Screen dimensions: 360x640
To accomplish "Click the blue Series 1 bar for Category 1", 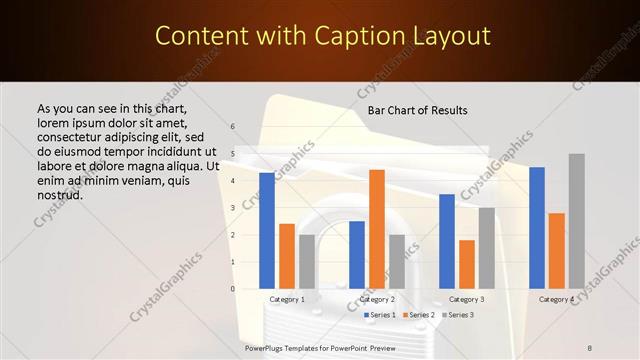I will pos(267,231).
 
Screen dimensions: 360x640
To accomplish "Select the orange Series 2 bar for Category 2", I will pos(377,229).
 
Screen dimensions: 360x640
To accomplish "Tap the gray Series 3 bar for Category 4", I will pos(577,221).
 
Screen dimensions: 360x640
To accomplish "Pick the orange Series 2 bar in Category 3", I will pos(467,264).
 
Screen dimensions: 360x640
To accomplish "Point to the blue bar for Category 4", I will pos(537,228).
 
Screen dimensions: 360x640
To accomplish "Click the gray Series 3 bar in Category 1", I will pos(307,262).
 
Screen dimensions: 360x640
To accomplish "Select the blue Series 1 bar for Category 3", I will pos(447,241).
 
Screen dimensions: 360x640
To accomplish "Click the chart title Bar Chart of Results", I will pos(418,109).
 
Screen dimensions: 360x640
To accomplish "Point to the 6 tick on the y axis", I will pos(232,127).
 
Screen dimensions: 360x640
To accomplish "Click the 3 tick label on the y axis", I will pos(232,208).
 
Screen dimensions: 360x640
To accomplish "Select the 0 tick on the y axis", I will pos(232,289).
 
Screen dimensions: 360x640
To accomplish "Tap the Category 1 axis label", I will pos(288,299).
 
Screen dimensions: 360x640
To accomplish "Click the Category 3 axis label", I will pos(467,299).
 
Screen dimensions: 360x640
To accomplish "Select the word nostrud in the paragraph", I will pos(58,194).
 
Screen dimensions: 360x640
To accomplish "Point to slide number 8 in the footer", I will pos(590,347).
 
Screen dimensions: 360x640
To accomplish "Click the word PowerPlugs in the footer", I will pos(269,347).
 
